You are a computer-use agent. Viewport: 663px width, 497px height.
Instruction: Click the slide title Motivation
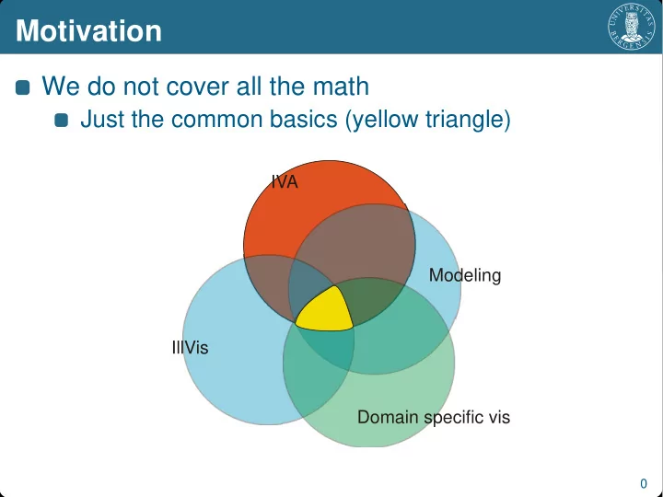(x=88, y=31)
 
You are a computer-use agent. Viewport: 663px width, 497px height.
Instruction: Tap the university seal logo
(x=632, y=26)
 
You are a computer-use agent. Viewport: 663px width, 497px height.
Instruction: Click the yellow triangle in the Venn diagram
(x=325, y=309)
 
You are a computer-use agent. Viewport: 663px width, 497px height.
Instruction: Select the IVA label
(x=285, y=182)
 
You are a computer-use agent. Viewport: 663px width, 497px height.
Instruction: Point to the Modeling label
(x=465, y=275)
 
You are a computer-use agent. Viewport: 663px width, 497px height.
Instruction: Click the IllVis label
(x=191, y=347)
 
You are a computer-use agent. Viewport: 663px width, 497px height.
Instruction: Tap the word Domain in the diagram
(x=388, y=417)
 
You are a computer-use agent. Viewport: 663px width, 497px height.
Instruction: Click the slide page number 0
(x=644, y=483)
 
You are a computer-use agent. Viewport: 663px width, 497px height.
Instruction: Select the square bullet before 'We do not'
(x=22, y=87)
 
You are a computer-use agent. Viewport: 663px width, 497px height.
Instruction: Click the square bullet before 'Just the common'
(x=62, y=120)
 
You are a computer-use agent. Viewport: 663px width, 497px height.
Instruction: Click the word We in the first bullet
(x=61, y=87)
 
